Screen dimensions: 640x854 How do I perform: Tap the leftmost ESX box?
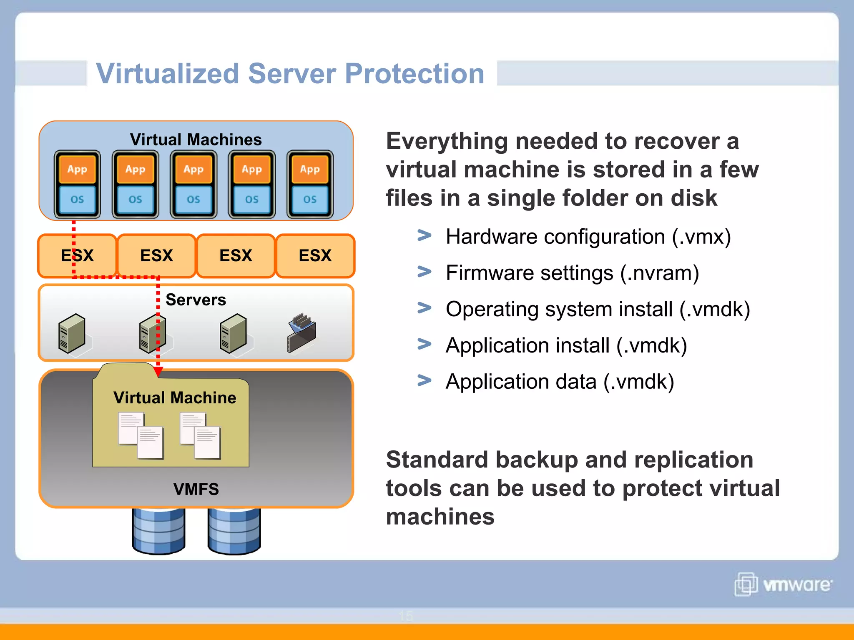pyautogui.click(x=77, y=255)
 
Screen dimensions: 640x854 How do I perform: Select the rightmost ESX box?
pyautogui.click(x=315, y=255)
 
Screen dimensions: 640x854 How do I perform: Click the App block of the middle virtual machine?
pyautogui.click(x=193, y=169)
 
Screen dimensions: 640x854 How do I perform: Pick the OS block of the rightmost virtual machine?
pyautogui.click(x=310, y=200)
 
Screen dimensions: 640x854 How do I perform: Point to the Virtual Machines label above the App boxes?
pyautogui.click(x=196, y=140)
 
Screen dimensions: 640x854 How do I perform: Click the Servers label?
pyautogui.click(x=196, y=300)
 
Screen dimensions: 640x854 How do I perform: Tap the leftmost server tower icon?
pyautogui.click(x=72, y=333)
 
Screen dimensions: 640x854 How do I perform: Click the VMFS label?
pyautogui.click(x=196, y=489)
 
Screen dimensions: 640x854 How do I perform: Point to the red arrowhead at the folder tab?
pyautogui.click(x=158, y=371)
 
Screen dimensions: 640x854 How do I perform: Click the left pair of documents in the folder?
pyautogui.click(x=141, y=435)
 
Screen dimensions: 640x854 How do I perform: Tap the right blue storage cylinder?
pyautogui.click(x=234, y=531)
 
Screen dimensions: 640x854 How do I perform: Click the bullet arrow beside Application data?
pyautogui.click(x=424, y=380)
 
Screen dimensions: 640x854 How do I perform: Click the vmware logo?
pyautogui.click(x=783, y=584)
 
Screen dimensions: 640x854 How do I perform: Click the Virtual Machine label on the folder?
pyautogui.click(x=175, y=398)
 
